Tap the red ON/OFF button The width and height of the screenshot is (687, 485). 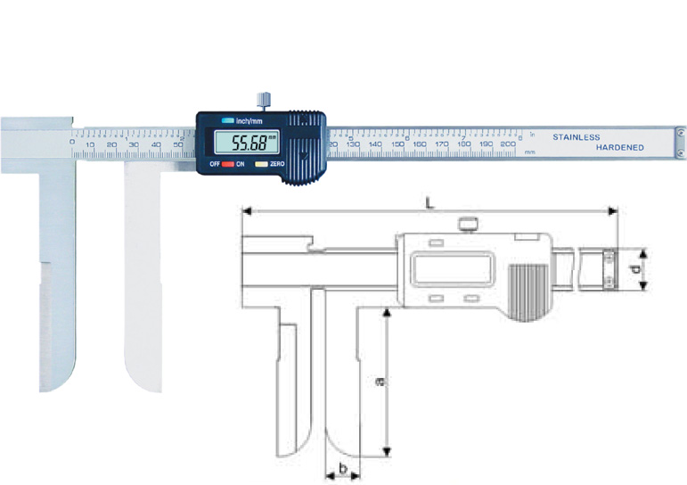(x=228, y=165)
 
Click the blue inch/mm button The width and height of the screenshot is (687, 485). (x=228, y=120)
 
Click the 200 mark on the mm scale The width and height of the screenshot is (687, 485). (x=507, y=143)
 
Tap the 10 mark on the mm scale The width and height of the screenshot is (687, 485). (x=90, y=144)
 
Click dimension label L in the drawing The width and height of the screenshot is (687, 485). (x=430, y=204)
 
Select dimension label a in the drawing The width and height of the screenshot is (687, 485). (x=380, y=382)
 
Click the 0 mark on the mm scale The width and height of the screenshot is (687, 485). (x=72, y=143)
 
